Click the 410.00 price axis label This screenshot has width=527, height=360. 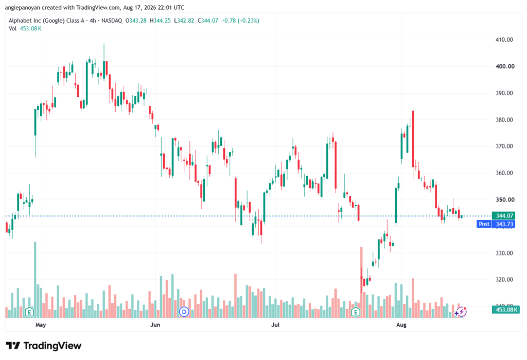(x=504, y=40)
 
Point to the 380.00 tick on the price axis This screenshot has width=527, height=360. (x=504, y=120)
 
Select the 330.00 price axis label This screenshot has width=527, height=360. (x=504, y=253)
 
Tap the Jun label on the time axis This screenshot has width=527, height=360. (x=155, y=324)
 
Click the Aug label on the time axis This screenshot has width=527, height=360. (x=401, y=324)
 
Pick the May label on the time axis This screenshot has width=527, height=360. (x=41, y=324)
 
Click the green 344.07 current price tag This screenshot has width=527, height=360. (x=505, y=216)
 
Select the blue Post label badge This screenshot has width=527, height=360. (x=484, y=224)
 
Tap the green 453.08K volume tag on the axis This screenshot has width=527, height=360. (x=505, y=310)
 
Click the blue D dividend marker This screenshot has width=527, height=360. (x=184, y=312)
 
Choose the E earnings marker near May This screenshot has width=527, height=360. (x=29, y=312)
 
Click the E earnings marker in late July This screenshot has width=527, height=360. (x=356, y=312)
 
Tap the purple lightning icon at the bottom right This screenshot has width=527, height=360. (x=462, y=312)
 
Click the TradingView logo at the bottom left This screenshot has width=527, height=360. (x=44, y=346)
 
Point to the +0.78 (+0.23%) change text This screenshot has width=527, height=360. (x=240, y=21)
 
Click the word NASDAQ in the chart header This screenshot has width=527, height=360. (x=112, y=21)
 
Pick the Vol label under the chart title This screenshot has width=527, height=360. (x=12, y=29)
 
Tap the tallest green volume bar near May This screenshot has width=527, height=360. (x=35, y=280)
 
